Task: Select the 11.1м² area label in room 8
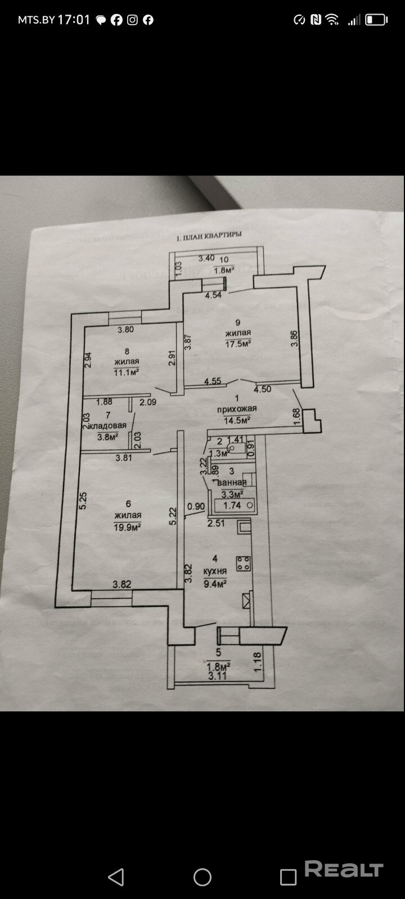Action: (126, 372)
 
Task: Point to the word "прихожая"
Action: (237, 408)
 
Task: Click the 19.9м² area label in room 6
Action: (127, 526)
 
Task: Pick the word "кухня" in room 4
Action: (215, 571)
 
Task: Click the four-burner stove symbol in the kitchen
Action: (244, 564)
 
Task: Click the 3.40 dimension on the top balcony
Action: (206, 258)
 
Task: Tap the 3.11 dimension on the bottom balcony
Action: (217, 676)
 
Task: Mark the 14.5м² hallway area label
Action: (237, 420)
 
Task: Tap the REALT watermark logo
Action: (344, 870)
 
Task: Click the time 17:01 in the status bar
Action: (74, 20)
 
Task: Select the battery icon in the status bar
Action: (376, 20)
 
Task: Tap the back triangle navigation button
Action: (116, 877)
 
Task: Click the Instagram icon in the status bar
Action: (132, 20)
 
